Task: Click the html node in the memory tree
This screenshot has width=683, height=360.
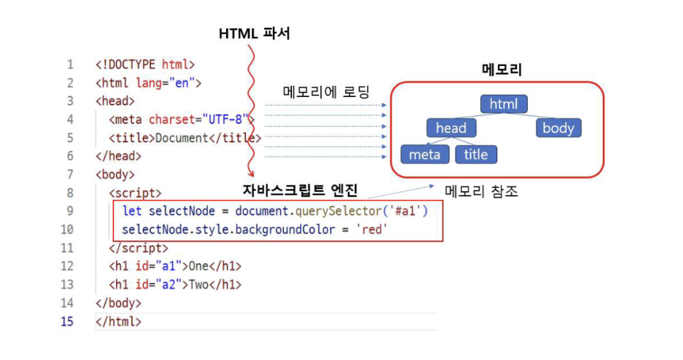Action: tap(504, 104)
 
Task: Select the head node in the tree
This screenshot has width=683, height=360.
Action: tap(451, 128)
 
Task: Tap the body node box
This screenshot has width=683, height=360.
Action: tap(558, 128)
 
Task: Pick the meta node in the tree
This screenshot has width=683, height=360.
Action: tap(424, 154)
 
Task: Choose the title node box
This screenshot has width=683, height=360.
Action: tap(475, 154)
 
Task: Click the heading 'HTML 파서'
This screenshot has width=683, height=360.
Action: tap(254, 33)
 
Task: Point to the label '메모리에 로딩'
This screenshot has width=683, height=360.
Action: tap(326, 91)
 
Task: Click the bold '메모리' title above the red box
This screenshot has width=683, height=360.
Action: tap(502, 69)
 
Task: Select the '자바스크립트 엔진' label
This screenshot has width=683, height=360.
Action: tap(300, 190)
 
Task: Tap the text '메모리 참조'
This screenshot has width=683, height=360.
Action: tap(481, 191)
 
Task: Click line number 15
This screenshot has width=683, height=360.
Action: tap(67, 321)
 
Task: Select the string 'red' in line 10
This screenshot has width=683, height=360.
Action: tap(372, 230)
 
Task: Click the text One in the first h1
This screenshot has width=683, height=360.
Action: tap(199, 266)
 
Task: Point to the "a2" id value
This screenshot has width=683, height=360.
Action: tap(167, 285)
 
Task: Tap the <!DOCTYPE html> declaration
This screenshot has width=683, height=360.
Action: tap(145, 64)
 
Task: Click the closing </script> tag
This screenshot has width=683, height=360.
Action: tap(138, 248)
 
